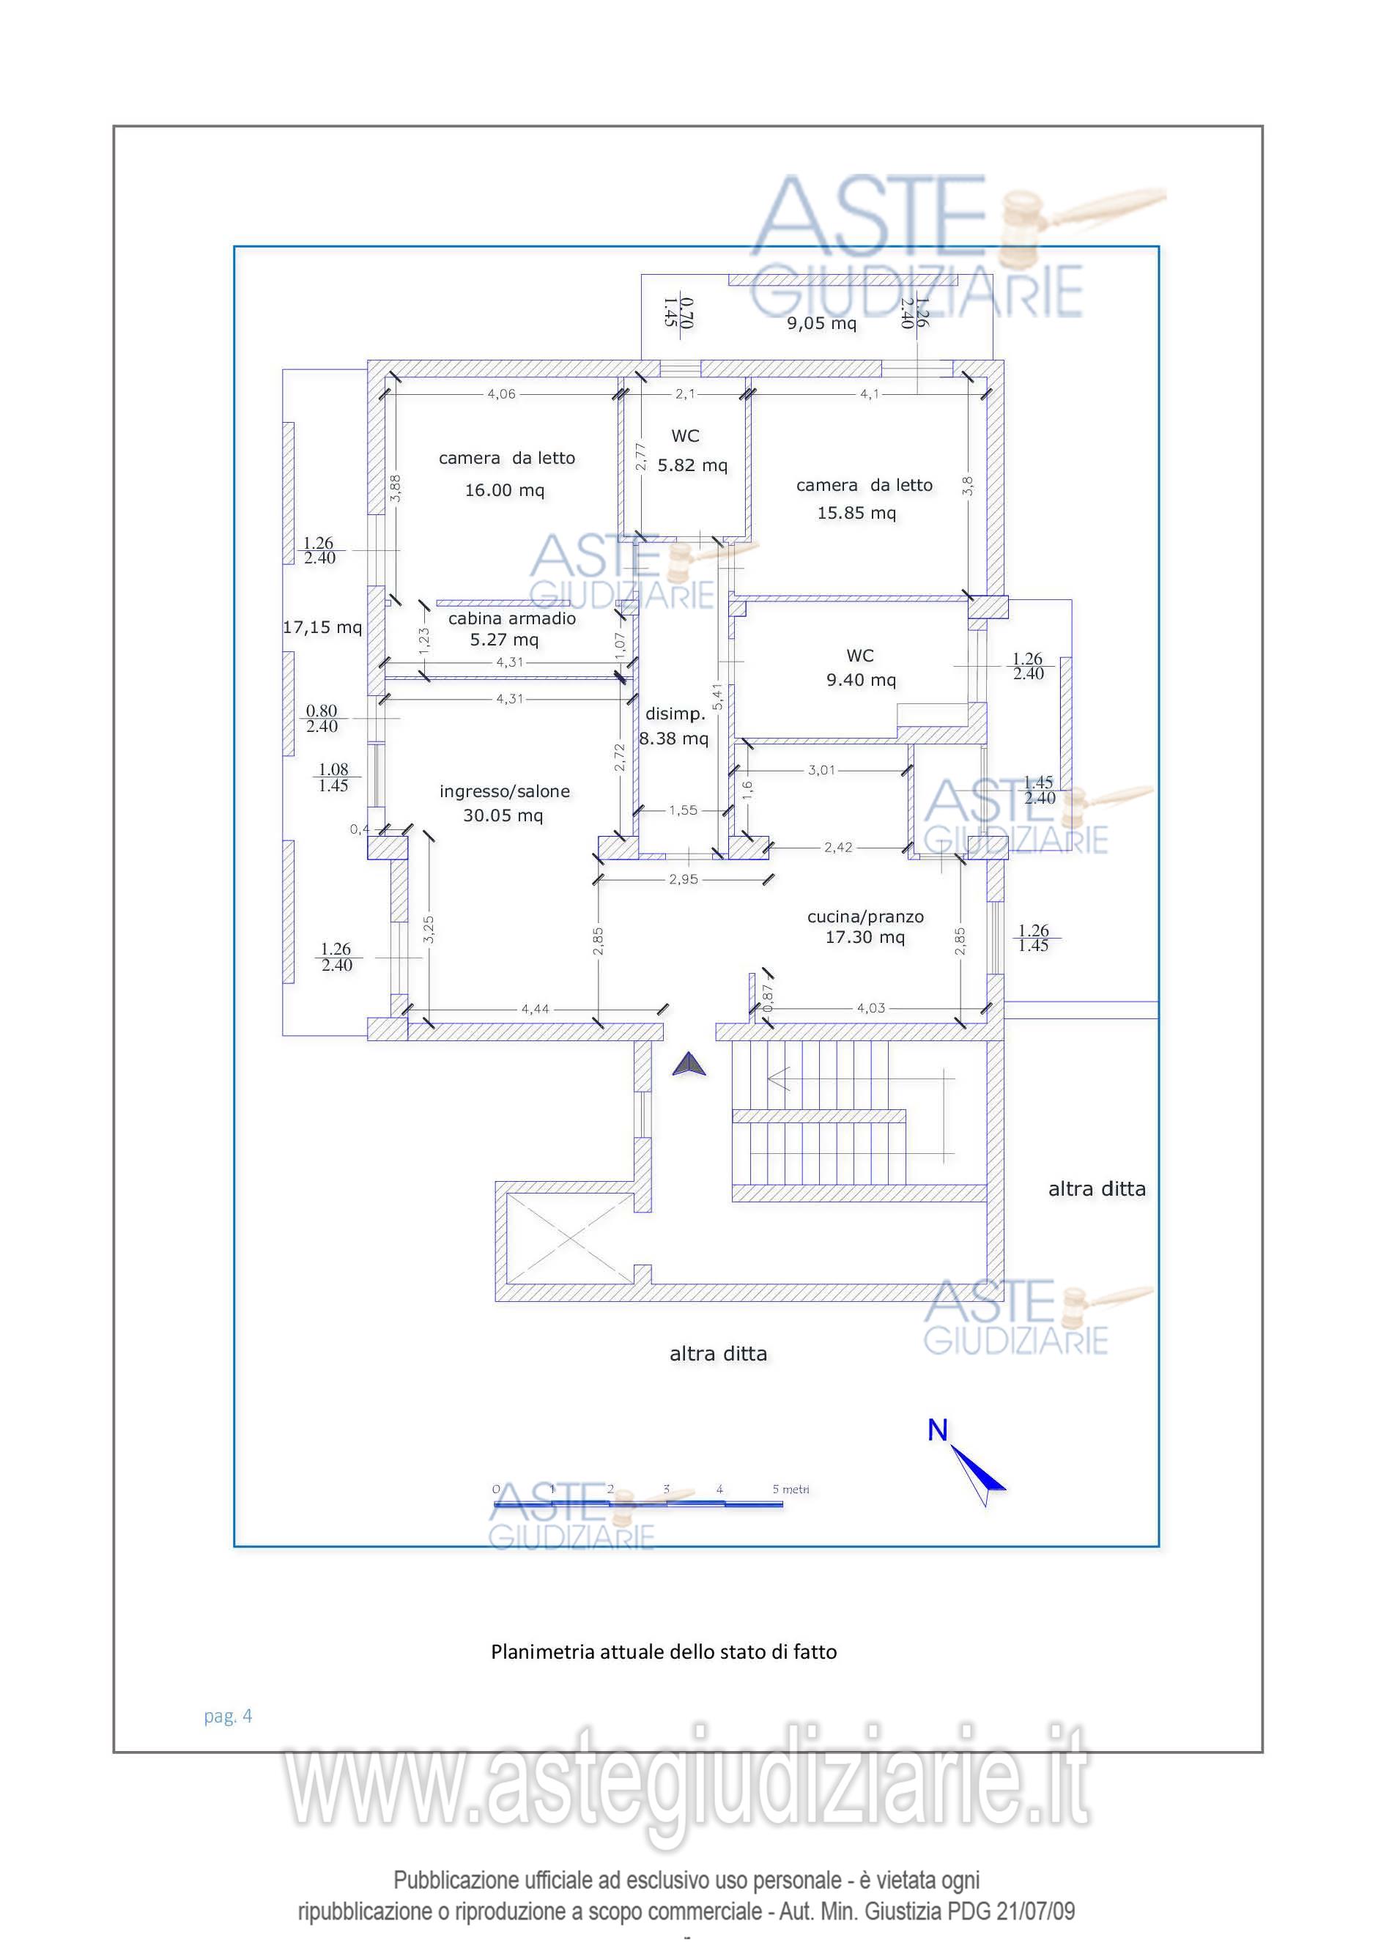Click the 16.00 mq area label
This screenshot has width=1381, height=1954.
(504, 490)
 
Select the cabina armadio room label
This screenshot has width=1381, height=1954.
(511, 618)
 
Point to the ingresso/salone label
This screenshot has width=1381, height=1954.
(504, 791)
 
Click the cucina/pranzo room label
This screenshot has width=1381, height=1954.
(864, 917)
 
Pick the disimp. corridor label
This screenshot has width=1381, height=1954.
(675, 714)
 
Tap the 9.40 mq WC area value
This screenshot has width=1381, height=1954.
(860, 680)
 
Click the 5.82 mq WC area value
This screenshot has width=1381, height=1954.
(692, 465)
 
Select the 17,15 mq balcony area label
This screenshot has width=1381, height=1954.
(322, 628)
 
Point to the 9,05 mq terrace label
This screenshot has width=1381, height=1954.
(821, 323)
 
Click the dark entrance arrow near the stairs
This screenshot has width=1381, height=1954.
(689, 1065)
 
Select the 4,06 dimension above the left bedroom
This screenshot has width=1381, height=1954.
(501, 394)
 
